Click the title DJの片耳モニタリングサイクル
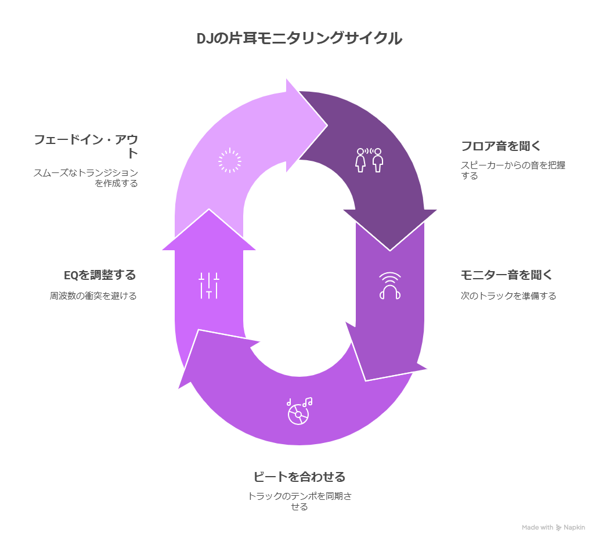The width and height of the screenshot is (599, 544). click(299, 39)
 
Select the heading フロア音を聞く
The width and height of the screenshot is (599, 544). click(500, 146)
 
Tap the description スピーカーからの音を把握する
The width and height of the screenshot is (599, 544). click(513, 170)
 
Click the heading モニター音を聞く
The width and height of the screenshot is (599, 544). click(506, 275)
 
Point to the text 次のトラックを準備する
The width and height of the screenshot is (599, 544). click(508, 296)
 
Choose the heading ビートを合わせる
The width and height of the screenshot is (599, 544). click(299, 477)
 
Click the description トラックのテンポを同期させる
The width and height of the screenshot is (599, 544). click(299, 501)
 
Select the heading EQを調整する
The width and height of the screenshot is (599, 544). click(100, 275)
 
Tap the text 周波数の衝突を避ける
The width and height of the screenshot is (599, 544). click(93, 296)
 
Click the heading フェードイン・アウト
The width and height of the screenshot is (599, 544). click(86, 146)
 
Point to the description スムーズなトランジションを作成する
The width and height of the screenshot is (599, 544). click(86, 178)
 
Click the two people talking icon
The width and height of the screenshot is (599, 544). click(370, 160)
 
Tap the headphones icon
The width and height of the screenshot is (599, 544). click(390, 286)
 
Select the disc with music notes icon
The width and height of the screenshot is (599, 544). click(299, 410)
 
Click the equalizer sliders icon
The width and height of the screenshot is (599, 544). click(209, 285)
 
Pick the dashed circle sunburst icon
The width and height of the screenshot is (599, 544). click(229, 160)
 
